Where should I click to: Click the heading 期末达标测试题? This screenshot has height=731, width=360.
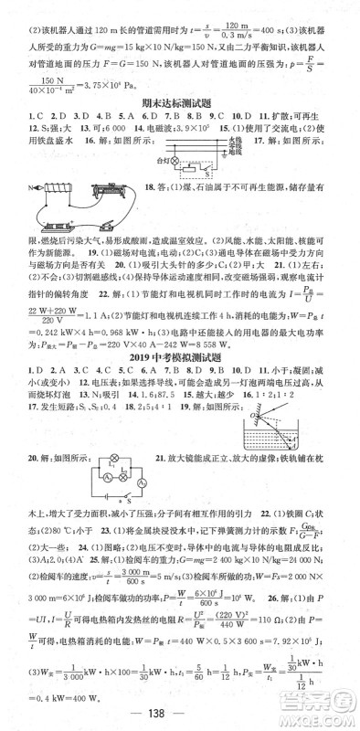(178, 103)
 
